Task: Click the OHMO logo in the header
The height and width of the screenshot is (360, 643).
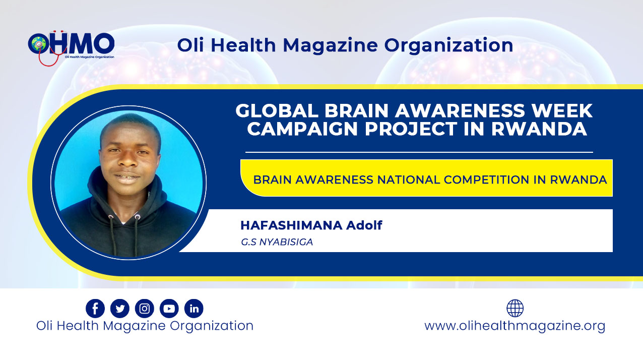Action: tap(71, 47)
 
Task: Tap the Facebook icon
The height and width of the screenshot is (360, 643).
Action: tap(95, 309)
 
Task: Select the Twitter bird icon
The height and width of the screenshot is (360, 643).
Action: tap(120, 309)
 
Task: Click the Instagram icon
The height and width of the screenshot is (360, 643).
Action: tap(145, 309)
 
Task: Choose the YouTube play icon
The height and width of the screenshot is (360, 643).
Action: tap(169, 309)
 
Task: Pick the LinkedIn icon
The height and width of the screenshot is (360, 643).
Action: tap(194, 309)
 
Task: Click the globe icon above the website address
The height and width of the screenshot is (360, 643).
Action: tap(515, 308)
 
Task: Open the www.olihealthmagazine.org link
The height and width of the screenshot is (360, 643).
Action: tap(515, 326)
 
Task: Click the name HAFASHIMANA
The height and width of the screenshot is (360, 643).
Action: tap(291, 225)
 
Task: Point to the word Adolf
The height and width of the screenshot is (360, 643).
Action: tap(364, 225)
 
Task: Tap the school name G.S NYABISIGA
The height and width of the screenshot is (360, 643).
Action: tap(277, 242)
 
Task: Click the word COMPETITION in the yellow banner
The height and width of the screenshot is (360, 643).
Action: tap(486, 180)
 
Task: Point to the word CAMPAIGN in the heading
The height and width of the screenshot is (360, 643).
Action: tap(303, 129)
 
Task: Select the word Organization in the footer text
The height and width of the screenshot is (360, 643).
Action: tap(212, 326)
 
